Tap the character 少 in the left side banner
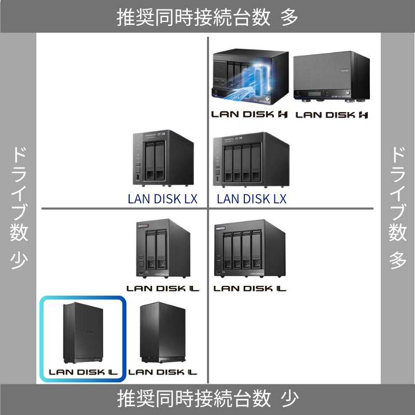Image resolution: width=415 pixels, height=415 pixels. pyautogui.click(x=19, y=260)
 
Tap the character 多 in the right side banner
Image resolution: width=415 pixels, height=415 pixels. pyautogui.click(x=398, y=260)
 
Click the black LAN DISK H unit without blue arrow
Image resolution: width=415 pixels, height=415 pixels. pyautogui.click(x=330, y=76)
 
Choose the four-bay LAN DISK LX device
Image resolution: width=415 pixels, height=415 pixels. pyautogui.click(x=251, y=159)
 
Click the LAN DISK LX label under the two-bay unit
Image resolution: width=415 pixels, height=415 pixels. pyautogui.click(x=162, y=199)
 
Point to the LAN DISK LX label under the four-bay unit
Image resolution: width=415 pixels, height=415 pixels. pyautogui.click(x=252, y=199)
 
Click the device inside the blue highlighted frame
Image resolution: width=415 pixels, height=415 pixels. pyautogui.click(x=82, y=333)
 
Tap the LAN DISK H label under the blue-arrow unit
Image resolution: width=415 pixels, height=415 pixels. pyautogui.click(x=249, y=114)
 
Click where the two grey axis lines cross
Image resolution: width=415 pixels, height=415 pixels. pyautogui.click(x=208, y=209)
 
